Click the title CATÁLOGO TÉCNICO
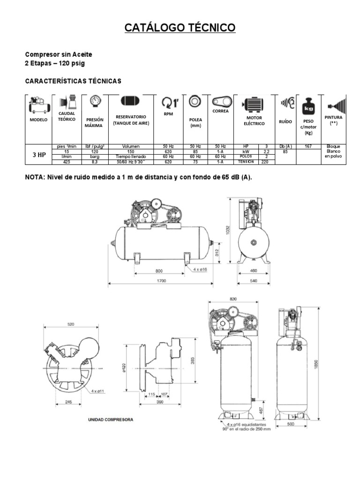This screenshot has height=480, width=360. click(x=180, y=29)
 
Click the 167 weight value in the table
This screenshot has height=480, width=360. click(x=308, y=146)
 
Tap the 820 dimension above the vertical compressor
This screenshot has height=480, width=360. click(x=233, y=298)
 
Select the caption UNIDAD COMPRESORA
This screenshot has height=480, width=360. click(x=111, y=420)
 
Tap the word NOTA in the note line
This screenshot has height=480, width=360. click(x=36, y=178)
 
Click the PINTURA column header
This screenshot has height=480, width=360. click(x=333, y=118)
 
